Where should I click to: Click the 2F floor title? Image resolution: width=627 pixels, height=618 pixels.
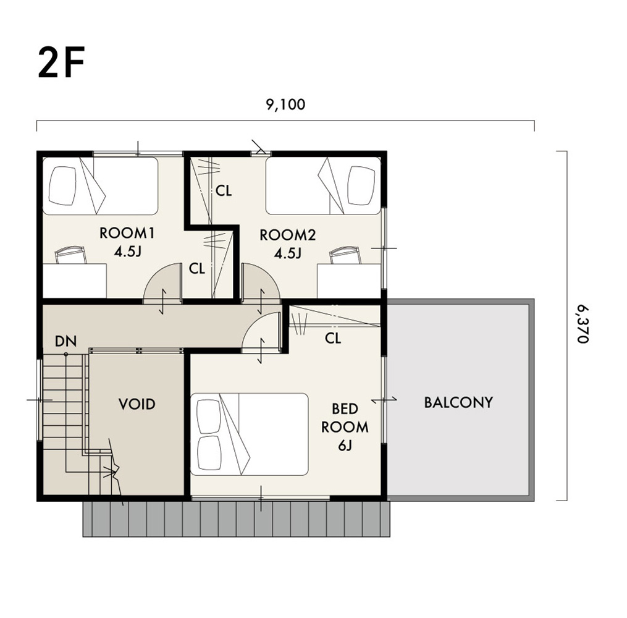(61, 63)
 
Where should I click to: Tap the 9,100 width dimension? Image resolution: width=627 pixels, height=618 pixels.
(285, 104)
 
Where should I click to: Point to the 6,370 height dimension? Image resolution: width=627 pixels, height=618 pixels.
(583, 324)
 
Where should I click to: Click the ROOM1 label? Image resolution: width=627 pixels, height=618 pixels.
(127, 233)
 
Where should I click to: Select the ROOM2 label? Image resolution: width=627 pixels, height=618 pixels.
(287, 235)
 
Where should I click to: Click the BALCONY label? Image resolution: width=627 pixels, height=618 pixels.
(458, 402)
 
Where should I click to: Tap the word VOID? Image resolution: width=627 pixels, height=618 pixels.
(137, 404)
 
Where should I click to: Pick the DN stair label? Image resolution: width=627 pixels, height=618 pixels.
(65, 341)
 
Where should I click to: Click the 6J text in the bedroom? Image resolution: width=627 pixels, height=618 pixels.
(345, 445)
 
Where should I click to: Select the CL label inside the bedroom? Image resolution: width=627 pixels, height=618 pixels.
(333, 339)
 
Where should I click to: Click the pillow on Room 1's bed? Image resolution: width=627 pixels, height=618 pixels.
(62, 185)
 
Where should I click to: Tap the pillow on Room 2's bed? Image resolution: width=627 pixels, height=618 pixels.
(361, 185)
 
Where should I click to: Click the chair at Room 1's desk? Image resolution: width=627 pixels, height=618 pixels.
(70, 255)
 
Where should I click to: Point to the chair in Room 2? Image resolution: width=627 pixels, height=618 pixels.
(345, 255)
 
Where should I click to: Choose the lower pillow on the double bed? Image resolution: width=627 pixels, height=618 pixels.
(209, 453)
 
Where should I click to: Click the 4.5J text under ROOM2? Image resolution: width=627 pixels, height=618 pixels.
(287, 253)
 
